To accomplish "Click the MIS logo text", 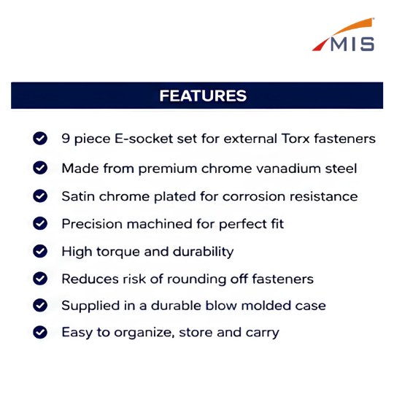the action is point(352,44).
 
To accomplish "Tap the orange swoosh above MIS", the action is point(353,27).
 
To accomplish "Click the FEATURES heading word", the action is point(203,96).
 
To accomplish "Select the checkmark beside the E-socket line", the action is point(40,138).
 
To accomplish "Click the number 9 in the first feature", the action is point(66,138).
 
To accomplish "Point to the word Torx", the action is point(295,139).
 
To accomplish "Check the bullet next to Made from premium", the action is point(40,168).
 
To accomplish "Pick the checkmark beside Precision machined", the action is point(40,223).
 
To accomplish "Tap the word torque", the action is point(118,252).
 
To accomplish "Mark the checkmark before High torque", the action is point(40,251).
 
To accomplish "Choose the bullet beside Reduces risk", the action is point(40,279).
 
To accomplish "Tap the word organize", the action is point(144,333).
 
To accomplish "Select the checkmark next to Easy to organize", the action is point(40,332).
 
